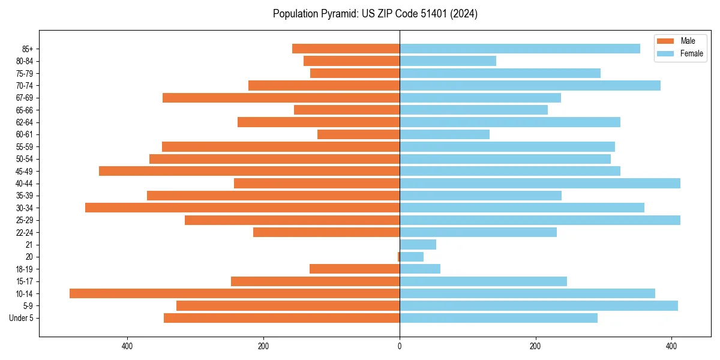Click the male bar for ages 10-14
(235, 293)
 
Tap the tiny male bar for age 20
(398, 257)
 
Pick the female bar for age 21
(418, 245)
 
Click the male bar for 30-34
(242, 208)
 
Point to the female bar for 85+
(520, 49)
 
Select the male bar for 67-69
(281, 98)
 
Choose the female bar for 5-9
(539, 306)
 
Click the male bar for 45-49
(249, 171)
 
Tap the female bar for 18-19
(420, 269)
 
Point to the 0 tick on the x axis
(400, 346)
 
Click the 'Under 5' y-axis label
(22, 318)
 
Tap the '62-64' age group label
(25, 122)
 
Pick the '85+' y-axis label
(28, 49)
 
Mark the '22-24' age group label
(25, 233)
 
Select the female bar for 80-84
(448, 61)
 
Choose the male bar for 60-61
(358, 134)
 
